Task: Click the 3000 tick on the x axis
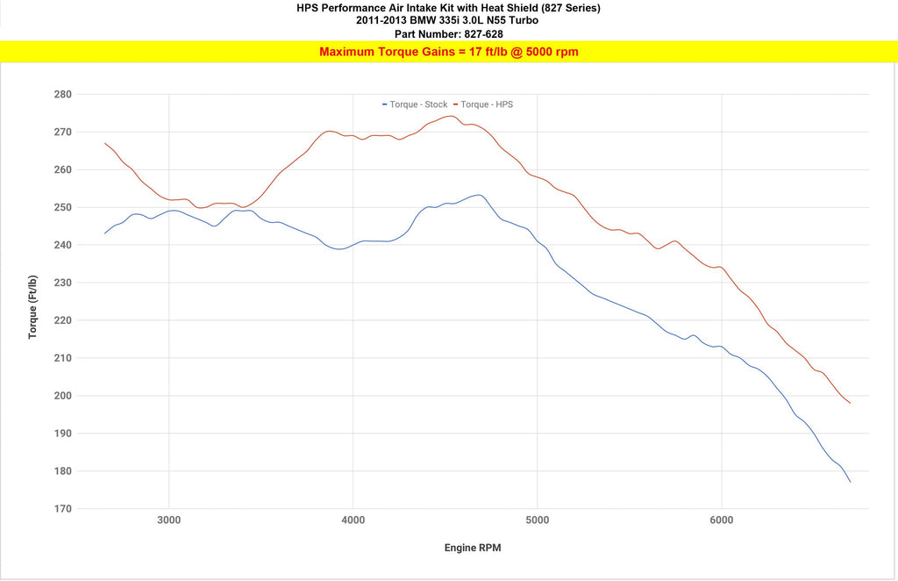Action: pos(169,520)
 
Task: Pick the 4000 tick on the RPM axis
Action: pos(353,520)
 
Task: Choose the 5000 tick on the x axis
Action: pos(538,520)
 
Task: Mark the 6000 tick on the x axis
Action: pos(722,520)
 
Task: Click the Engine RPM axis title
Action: pos(473,549)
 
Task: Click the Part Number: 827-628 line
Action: pos(448,34)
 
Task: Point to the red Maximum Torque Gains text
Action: pos(448,52)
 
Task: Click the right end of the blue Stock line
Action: pos(850,482)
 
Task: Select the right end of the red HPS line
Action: pos(850,403)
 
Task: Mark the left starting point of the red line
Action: pos(105,143)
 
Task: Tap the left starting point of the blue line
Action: pos(105,233)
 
